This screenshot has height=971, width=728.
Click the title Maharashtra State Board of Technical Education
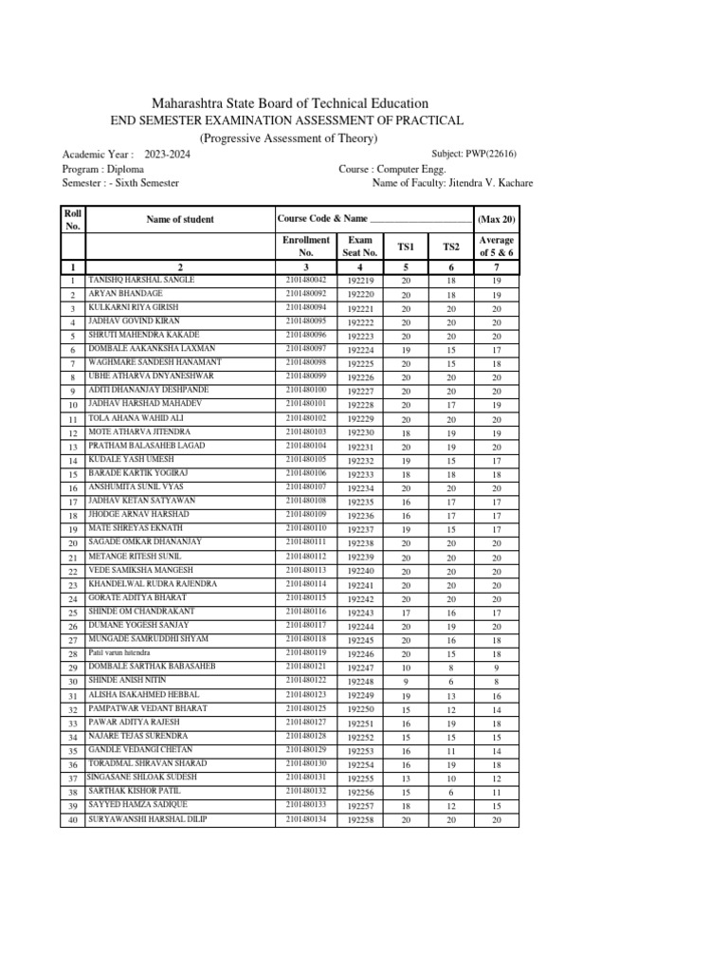coord(290,102)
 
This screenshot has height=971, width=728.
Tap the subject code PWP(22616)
coord(488,153)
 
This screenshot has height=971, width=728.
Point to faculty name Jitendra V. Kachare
coord(485,182)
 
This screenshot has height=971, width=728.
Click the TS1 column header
coord(406,247)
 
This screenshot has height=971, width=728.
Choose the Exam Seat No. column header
coord(361,247)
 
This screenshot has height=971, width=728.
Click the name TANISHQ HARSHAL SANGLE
coord(141,281)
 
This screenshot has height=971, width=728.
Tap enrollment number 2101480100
coord(305,390)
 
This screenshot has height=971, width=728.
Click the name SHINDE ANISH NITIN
coord(127,680)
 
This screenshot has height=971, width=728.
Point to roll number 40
coord(72,819)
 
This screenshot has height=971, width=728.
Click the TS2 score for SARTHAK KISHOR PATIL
coord(450,792)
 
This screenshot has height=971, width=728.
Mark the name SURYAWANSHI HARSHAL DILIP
coord(147,818)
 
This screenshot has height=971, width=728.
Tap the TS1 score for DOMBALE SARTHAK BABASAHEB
coord(406,669)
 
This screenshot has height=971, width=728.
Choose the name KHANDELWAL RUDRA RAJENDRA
coord(153,583)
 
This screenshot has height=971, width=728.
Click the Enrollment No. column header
coord(305,247)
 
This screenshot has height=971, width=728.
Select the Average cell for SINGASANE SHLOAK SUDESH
coord(496,779)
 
